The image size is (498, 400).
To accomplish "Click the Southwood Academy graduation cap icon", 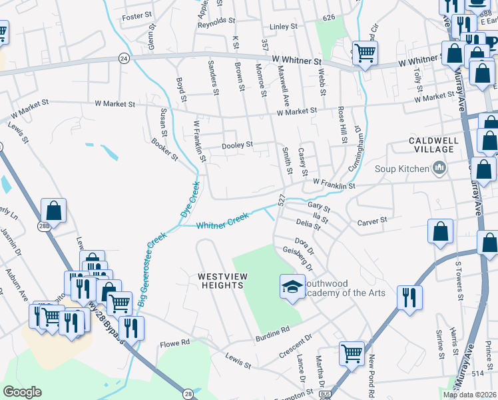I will coord(292,287).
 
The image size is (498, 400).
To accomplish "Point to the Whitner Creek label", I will coord(222,221).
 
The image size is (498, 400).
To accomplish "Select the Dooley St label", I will coord(237,145).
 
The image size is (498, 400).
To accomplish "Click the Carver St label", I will coord(372,221).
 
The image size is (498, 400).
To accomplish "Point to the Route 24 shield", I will coord(124,58).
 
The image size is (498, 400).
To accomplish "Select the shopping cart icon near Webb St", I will coord(365,52).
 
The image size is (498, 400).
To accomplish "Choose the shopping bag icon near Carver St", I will coord(439,232).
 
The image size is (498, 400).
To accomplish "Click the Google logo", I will coord(22,392).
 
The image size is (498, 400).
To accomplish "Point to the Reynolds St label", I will coord(221,22).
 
